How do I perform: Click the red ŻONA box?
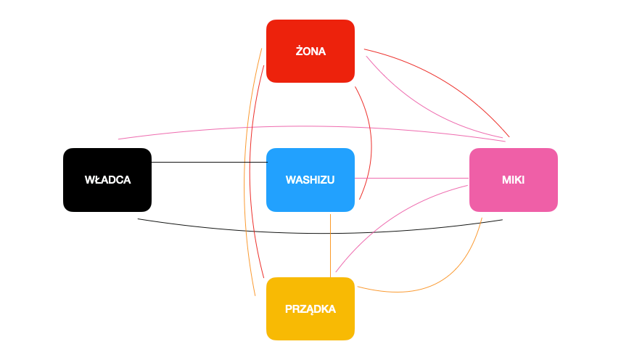point(310,51)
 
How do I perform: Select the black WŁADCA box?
point(107,180)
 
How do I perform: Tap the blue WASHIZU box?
point(310,180)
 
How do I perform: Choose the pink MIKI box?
point(513,180)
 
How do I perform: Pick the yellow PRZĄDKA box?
point(310,308)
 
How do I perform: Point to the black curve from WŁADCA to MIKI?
point(319,233)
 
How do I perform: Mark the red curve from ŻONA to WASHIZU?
point(371,138)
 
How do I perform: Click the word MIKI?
point(513,180)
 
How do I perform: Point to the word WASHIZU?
point(310,180)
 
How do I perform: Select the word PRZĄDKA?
point(310,308)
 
